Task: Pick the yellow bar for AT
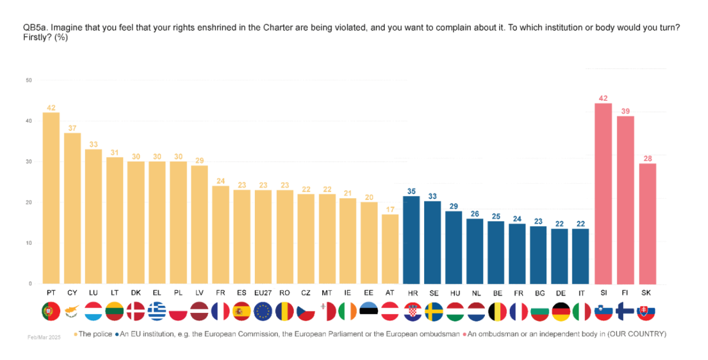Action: [x=390, y=248]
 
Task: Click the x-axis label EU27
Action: [x=263, y=293]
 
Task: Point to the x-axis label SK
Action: [x=646, y=293]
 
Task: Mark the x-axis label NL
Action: [x=475, y=293]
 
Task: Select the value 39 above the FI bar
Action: [x=625, y=110]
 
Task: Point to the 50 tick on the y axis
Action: [x=28, y=80]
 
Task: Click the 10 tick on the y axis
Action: [x=28, y=243]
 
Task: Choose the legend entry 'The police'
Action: [x=93, y=334]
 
